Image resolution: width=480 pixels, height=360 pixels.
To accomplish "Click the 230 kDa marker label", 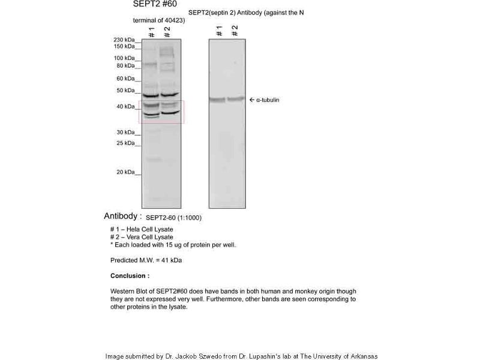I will (124, 40).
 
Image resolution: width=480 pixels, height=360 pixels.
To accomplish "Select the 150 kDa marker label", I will (124, 46).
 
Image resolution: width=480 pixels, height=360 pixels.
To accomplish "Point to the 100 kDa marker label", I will (124, 58).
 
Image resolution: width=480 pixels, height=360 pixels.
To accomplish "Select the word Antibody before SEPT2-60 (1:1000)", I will (122, 216).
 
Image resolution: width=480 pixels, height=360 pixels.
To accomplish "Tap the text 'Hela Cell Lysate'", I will (148, 230).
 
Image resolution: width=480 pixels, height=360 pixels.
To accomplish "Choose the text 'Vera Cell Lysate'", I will (148, 237).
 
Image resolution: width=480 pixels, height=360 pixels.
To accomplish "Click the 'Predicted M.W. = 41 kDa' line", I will (146, 260).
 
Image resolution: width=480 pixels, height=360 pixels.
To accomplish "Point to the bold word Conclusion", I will (130, 276).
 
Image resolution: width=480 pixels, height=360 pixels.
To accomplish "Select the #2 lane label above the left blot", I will (167, 31).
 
